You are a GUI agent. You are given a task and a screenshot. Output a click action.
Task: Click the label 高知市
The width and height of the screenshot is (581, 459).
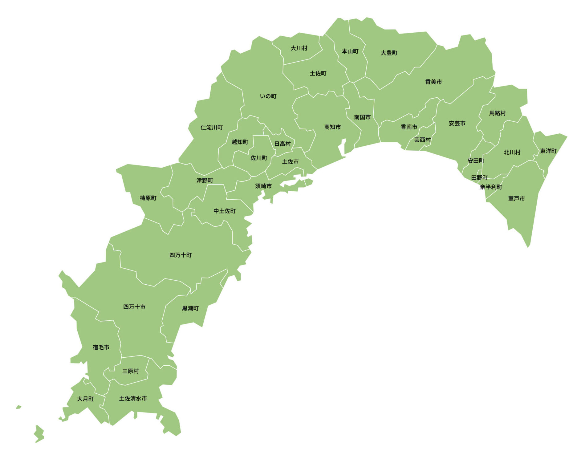pyautogui.click(x=332, y=127)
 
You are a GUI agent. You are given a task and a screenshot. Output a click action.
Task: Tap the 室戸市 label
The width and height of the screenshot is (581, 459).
pyautogui.click(x=516, y=199)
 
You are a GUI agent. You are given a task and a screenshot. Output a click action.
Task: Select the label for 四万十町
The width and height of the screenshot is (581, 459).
pyautogui.click(x=181, y=255)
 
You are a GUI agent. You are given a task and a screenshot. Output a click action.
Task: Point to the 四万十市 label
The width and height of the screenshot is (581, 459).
pyautogui.click(x=134, y=307)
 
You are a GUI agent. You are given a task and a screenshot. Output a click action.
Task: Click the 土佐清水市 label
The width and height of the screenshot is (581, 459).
pyautogui.click(x=133, y=399)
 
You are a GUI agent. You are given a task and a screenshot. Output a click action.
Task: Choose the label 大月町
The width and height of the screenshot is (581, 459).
pyautogui.click(x=85, y=399)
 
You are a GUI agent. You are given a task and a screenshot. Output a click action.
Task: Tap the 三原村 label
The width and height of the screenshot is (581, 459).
pyautogui.click(x=130, y=371)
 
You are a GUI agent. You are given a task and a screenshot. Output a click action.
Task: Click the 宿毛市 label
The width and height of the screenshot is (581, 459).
pyautogui.click(x=101, y=347)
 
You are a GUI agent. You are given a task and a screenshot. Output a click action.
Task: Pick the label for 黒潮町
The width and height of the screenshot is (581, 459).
pyautogui.click(x=190, y=308)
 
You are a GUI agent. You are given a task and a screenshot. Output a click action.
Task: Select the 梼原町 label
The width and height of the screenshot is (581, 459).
pyautogui.click(x=148, y=198)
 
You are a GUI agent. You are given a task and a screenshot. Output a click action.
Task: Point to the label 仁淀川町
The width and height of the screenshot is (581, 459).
pyautogui.click(x=212, y=128)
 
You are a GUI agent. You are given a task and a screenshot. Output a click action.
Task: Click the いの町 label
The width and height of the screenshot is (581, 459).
pyautogui.click(x=268, y=96)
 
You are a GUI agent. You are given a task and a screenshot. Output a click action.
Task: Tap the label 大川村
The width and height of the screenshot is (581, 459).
pyautogui.click(x=299, y=48)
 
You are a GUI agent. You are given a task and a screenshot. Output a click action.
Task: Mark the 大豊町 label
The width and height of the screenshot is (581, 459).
pyautogui.click(x=389, y=53)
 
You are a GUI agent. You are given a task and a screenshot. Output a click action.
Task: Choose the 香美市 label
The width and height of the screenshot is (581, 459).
pyautogui.click(x=433, y=82)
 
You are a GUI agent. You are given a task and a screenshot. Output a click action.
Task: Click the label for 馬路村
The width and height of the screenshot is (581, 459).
pyautogui.click(x=498, y=113)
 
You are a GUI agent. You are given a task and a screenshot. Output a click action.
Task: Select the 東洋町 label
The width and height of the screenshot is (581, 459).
pyautogui.click(x=548, y=151)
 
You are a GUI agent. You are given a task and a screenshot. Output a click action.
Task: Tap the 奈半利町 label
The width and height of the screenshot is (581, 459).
pyautogui.click(x=491, y=187)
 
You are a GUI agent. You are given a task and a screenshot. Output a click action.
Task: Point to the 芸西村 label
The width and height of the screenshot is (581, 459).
pyautogui.click(x=422, y=140)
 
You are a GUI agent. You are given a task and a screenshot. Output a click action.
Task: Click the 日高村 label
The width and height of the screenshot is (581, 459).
pyautogui.click(x=282, y=144)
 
